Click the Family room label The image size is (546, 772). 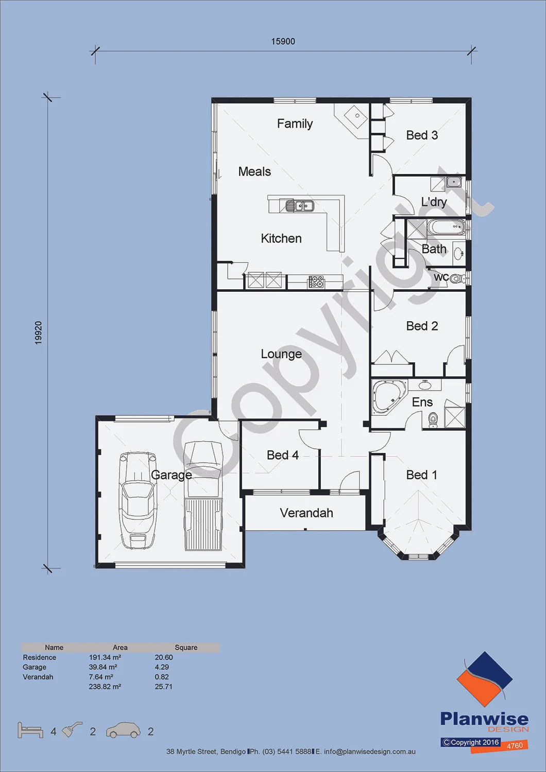point(295,124)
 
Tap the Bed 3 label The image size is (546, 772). point(422,135)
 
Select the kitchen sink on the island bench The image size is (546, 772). point(300,206)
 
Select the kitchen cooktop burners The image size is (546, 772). point(316,281)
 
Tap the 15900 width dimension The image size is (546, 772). point(283,41)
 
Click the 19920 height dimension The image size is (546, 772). point(38,332)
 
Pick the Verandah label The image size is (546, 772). point(306,513)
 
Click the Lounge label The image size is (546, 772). point(281,354)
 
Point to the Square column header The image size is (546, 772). point(186,647)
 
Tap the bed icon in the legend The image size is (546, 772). point(30,730)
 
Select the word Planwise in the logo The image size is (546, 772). point(484,719)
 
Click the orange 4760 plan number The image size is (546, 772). point(515,746)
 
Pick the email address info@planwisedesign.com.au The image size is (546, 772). point(370,751)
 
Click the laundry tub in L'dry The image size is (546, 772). point(453,182)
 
